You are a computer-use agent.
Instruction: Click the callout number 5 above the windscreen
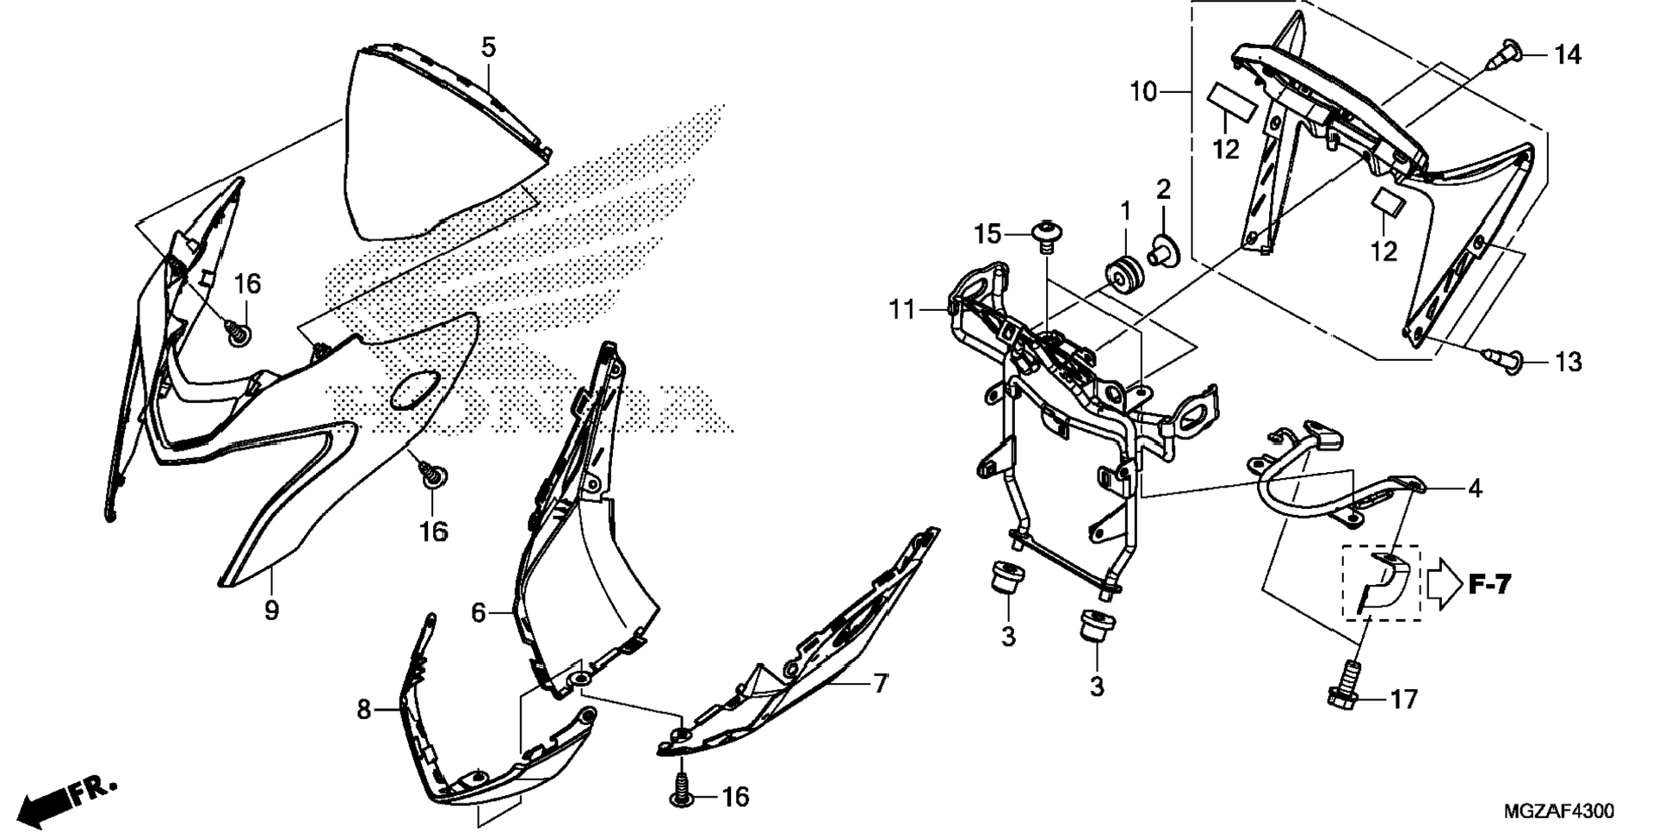[488, 47]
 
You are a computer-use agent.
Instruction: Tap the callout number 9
[271, 611]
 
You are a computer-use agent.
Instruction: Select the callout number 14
[1568, 55]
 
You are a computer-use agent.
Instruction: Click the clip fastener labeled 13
[1502, 357]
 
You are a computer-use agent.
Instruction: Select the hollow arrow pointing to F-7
[1445, 584]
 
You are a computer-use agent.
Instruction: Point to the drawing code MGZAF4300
[1559, 811]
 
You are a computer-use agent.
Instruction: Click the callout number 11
[901, 308]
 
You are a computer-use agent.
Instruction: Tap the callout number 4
[1475, 488]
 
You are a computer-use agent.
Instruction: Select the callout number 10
[1142, 91]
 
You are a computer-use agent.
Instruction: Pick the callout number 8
[363, 709]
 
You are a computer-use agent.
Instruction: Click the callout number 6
[479, 612]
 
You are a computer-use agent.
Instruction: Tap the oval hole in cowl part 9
[415, 391]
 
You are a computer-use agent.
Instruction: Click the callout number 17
[1404, 699]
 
